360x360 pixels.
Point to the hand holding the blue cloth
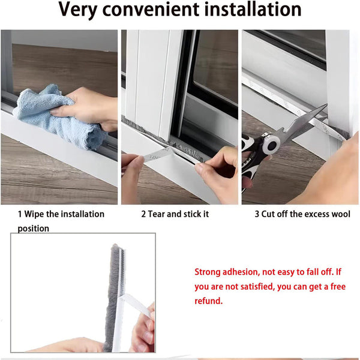click(x=90, y=108)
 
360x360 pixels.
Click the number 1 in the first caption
click(x=20, y=214)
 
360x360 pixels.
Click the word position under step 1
click(x=34, y=229)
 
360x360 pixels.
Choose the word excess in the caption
click(x=312, y=214)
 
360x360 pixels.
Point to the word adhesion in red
click(x=245, y=272)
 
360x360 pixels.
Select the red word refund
click(x=208, y=301)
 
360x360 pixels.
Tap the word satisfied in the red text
click(x=251, y=287)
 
